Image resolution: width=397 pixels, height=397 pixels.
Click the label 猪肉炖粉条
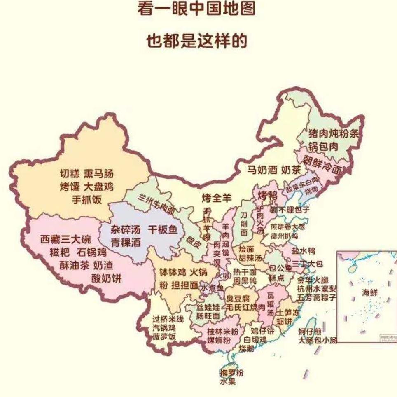click(334, 133)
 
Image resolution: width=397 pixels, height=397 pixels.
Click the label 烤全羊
click(217, 198)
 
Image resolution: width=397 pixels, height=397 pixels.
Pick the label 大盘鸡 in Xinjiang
click(98, 187)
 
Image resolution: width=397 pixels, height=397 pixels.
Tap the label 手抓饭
click(86, 200)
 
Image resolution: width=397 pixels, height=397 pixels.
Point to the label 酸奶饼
click(106, 278)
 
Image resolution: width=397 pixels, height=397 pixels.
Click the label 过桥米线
click(168, 319)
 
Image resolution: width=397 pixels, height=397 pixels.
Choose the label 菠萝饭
click(164, 337)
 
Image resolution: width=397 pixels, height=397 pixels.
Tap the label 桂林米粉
click(223, 331)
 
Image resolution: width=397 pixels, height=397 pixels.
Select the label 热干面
click(245, 272)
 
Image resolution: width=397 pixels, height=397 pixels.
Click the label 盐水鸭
click(303, 250)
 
